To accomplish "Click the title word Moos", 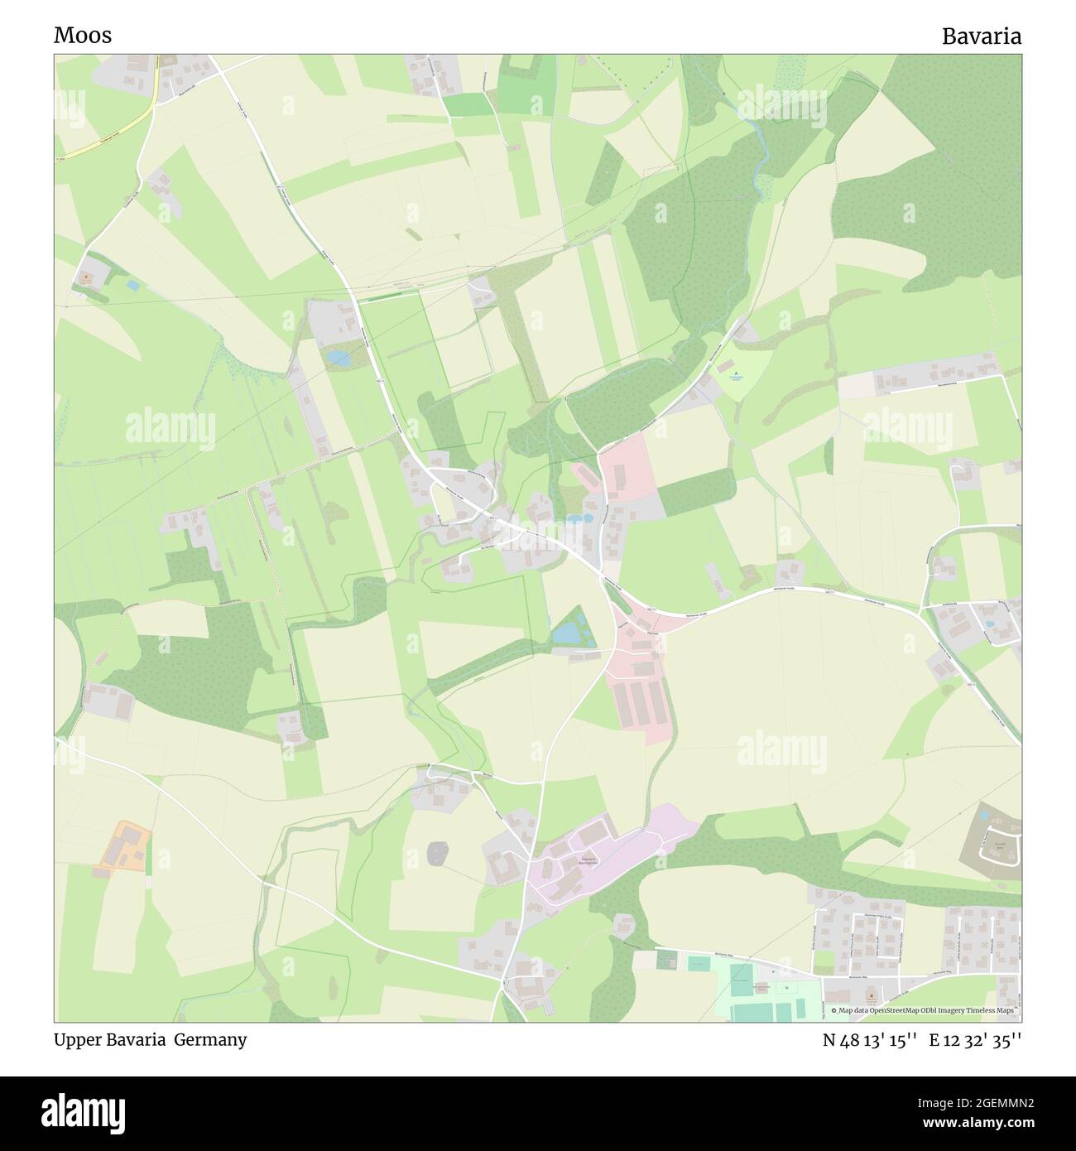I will pos(83,36).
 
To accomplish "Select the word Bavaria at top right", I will pos(981,36).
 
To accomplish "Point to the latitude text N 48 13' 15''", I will pos(869,1040).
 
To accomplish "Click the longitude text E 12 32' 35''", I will pos(976,1040).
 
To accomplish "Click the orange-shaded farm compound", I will pos(123,845).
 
